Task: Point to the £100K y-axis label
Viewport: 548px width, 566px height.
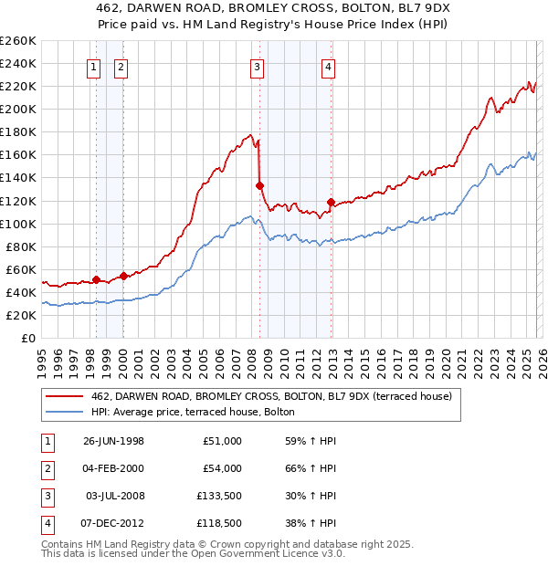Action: [x=18, y=224]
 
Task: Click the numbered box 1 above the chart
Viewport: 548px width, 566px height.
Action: [x=95, y=66]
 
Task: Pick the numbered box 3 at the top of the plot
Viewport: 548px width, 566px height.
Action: [x=258, y=66]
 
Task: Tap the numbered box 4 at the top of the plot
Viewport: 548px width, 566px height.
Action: [x=328, y=66]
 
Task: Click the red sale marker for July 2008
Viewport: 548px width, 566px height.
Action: [x=259, y=185]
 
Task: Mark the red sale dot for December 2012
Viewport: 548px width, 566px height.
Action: [x=331, y=202]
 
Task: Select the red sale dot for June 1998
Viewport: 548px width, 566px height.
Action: [x=97, y=279]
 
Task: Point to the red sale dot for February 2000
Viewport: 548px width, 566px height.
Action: [x=123, y=276]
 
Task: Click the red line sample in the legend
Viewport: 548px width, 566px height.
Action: [x=64, y=396]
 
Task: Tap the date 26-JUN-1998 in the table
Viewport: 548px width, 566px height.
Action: [x=113, y=440]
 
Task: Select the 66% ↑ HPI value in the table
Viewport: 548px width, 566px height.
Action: [x=311, y=467]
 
